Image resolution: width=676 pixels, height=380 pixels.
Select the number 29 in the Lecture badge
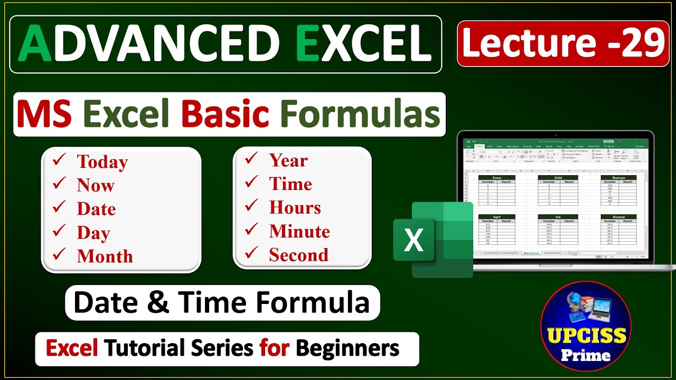click(x=643, y=43)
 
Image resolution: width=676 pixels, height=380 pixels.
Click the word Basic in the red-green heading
click(x=225, y=115)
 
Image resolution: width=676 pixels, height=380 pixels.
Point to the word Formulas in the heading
click(x=360, y=115)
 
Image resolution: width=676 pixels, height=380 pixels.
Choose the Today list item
click(x=102, y=162)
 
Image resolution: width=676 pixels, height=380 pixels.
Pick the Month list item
click(x=105, y=256)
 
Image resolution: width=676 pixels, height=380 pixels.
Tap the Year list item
click(x=288, y=160)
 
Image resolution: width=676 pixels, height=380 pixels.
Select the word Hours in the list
click(x=295, y=207)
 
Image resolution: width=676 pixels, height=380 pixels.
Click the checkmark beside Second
click(x=251, y=254)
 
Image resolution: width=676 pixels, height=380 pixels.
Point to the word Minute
click(x=299, y=231)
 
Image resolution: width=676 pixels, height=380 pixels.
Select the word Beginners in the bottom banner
click(x=347, y=348)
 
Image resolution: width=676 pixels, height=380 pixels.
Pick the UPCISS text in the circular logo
click(x=586, y=335)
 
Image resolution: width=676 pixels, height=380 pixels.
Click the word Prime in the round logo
click(x=586, y=355)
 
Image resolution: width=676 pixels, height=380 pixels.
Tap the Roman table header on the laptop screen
click(x=618, y=178)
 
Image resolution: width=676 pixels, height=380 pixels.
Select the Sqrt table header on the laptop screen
click(x=496, y=217)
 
